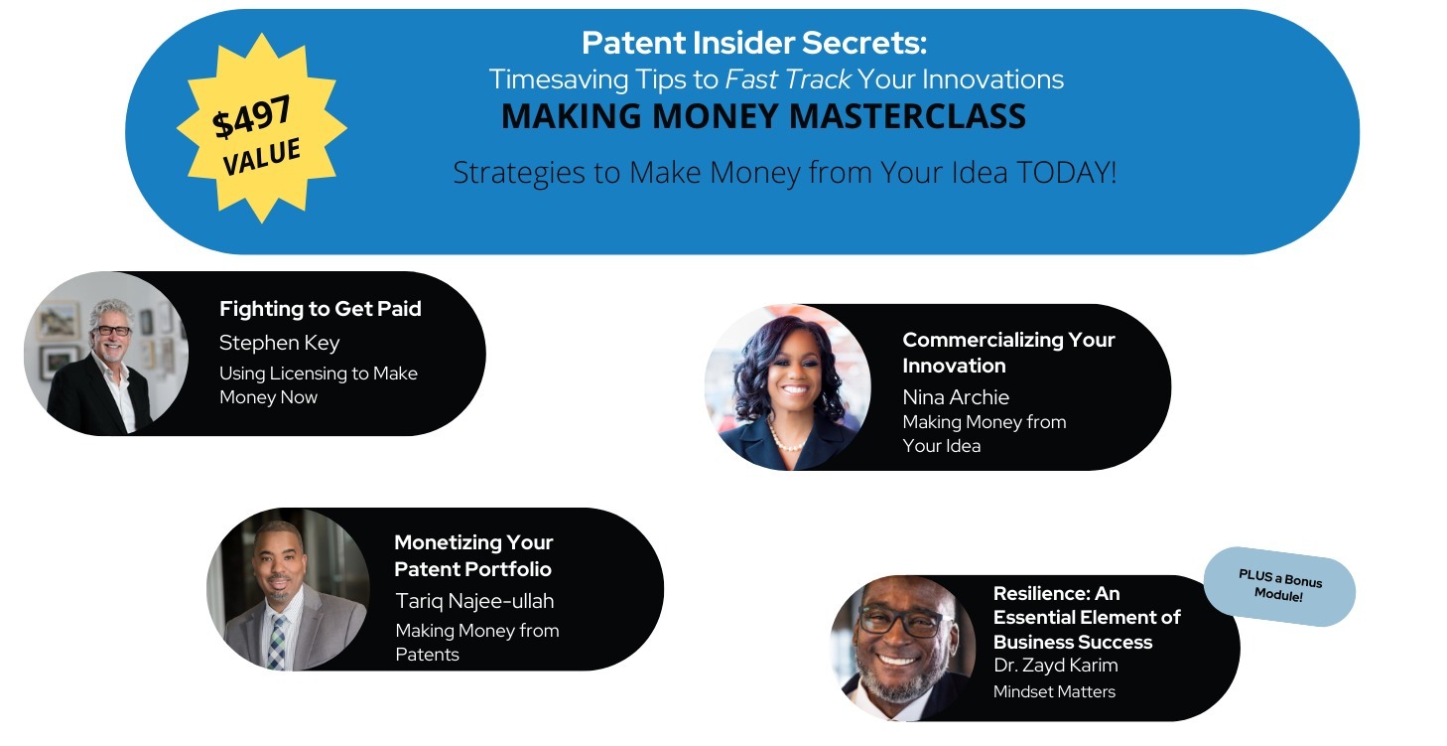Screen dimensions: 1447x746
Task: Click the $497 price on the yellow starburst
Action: pyautogui.click(x=252, y=116)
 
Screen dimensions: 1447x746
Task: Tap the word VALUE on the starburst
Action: pyautogui.click(x=262, y=156)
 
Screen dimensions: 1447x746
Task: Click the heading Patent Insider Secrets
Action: pyautogui.click(x=754, y=44)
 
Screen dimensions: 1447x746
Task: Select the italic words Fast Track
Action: pyautogui.click(x=788, y=79)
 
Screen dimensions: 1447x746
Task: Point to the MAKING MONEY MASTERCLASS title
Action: pyautogui.click(x=763, y=116)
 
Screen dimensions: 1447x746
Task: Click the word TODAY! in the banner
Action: pyautogui.click(x=1067, y=173)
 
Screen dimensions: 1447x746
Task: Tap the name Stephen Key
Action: pyautogui.click(x=279, y=343)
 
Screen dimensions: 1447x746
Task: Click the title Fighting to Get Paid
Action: pyautogui.click(x=321, y=309)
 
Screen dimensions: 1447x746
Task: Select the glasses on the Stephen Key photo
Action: pyautogui.click(x=112, y=331)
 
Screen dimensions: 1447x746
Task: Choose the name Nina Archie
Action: pyautogui.click(x=956, y=397)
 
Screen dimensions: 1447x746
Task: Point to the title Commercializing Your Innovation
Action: pyautogui.click(x=1008, y=353)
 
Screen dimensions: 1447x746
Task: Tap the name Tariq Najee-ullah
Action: pyautogui.click(x=474, y=601)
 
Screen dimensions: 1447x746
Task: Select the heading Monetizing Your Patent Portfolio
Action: pyautogui.click(x=472, y=555)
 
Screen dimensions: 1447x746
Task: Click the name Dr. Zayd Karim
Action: pyautogui.click(x=1056, y=666)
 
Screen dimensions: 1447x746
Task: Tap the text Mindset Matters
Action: pyautogui.click(x=1054, y=691)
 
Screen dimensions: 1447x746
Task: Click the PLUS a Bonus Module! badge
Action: pyautogui.click(x=1279, y=586)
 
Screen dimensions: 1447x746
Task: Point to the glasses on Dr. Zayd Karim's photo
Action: pyautogui.click(x=904, y=621)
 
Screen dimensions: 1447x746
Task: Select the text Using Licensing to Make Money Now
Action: pyautogui.click(x=318, y=385)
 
